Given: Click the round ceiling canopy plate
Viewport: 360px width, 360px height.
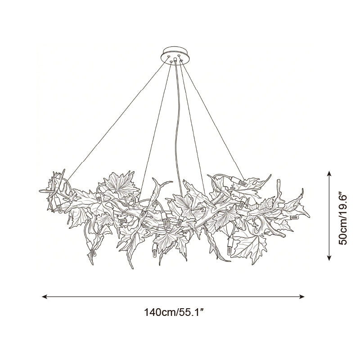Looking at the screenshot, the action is pyautogui.click(x=175, y=55).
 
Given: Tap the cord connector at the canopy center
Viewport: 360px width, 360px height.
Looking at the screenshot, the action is pyautogui.click(x=175, y=60).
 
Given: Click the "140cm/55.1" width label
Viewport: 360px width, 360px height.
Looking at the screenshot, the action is pyautogui.click(x=174, y=312).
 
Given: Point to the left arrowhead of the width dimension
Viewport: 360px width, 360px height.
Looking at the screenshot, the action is pyautogui.click(x=45, y=297).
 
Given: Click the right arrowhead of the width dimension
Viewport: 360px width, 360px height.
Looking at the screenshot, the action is pyautogui.click(x=301, y=297).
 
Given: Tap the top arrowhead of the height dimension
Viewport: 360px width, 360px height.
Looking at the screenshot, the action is pyautogui.click(x=329, y=174).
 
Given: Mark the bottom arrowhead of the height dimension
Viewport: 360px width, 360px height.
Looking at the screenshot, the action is pyautogui.click(x=329, y=257).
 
